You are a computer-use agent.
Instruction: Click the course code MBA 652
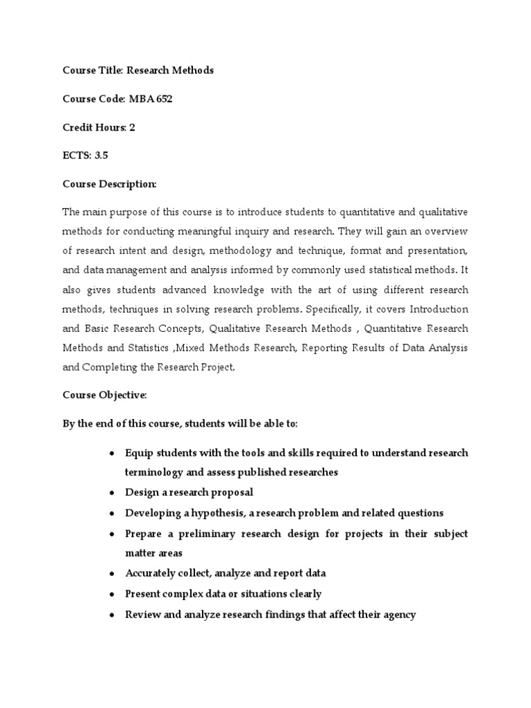[151, 99]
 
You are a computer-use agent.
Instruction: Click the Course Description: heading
[110, 184]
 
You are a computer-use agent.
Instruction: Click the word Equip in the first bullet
[138, 453]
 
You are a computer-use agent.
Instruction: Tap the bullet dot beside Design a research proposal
[111, 493]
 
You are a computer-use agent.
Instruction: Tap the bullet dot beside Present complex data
[111, 594]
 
